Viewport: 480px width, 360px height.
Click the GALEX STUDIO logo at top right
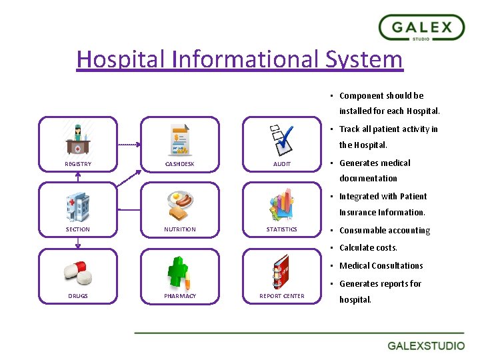(421, 29)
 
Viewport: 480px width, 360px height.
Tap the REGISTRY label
(78, 164)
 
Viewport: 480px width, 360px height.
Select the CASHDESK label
(180, 164)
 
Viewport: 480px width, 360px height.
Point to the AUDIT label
(282, 164)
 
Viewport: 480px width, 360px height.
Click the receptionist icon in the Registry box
(78, 139)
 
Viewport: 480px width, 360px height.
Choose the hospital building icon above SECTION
(77, 205)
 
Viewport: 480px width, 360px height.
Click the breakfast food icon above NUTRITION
(180, 205)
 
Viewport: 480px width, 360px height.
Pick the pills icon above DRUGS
(77, 271)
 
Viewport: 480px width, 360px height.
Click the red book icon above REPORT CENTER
(281, 271)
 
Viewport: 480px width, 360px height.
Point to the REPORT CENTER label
(282, 296)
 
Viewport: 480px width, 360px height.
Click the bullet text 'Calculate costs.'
(368, 248)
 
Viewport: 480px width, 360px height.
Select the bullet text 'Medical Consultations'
(381, 266)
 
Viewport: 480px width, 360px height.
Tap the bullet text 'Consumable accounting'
(385, 231)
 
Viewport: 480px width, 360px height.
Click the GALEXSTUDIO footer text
(427, 346)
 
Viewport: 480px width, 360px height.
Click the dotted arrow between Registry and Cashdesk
(129, 143)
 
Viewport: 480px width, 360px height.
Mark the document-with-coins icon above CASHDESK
(179, 139)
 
